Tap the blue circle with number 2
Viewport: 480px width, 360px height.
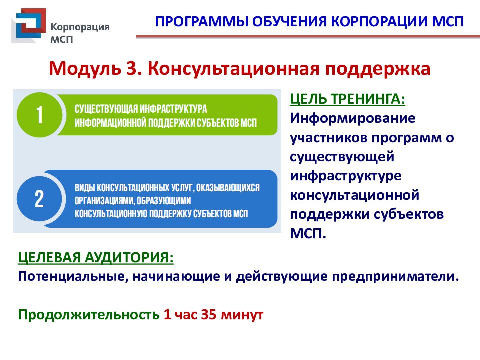click(39, 198)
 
